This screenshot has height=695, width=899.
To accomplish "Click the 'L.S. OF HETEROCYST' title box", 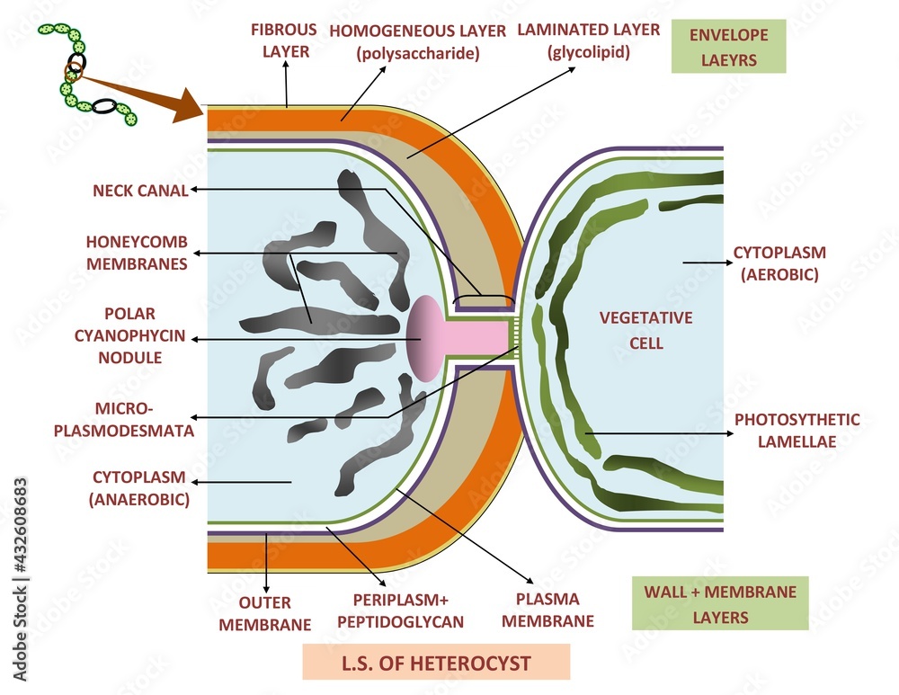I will pos(436,664).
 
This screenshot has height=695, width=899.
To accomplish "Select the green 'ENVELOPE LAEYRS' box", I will pos(728,47).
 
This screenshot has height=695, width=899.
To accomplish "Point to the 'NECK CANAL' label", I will pos(140,191).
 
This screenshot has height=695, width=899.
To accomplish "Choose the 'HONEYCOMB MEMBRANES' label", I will pos(137,253).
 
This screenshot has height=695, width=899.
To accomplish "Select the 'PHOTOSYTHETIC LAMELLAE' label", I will pos(797,431).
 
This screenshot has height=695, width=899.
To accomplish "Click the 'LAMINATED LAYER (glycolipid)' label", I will pos(589,40).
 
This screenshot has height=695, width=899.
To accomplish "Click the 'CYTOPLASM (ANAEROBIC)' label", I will pos(139,488).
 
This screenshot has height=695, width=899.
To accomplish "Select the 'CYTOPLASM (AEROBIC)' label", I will pos(779,263).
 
